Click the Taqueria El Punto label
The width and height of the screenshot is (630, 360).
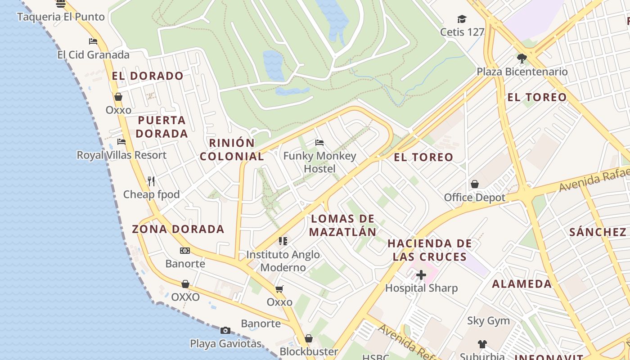pyautogui.click(x=61, y=17)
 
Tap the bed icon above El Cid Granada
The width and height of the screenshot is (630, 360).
pyautogui.click(x=93, y=41)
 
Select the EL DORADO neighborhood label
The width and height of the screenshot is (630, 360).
pyautogui.click(x=148, y=76)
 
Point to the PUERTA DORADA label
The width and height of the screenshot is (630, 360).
pyautogui.click(x=162, y=127)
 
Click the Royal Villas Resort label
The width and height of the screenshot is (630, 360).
pyautogui.click(x=121, y=155)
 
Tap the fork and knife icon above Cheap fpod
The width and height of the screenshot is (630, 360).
pyautogui.click(x=151, y=181)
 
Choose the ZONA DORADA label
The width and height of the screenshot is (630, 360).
pyautogui.click(x=178, y=229)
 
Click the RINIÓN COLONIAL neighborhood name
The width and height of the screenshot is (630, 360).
pyautogui.click(x=232, y=149)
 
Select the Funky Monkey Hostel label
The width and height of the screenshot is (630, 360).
pyautogui.click(x=319, y=162)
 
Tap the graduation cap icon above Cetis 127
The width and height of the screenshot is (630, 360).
pyautogui.click(x=462, y=19)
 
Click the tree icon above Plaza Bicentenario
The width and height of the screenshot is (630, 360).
pyautogui.click(x=522, y=58)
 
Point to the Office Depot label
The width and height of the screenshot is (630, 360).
pyautogui.click(x=475, y=198)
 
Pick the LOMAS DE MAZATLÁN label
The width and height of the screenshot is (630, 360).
pyautogui.click(x=343, y=225)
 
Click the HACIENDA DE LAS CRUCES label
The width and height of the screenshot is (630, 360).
pyautogui.click(x=430, y=250)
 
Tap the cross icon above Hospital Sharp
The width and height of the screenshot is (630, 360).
pyautogui.click(x=421, y=274)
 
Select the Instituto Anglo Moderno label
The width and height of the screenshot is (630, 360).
pyautogui.click(x=283, y=261)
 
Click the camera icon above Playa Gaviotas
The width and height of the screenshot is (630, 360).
pyautogui.click(x=225, y=331)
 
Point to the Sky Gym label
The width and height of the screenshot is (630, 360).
pyautogui.click(x=488, y=321)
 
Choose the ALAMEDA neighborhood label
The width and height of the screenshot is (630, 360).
pyautogui.click(x=522, y=284)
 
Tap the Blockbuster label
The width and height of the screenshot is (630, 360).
pyautogui.click(x=309, y=351)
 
